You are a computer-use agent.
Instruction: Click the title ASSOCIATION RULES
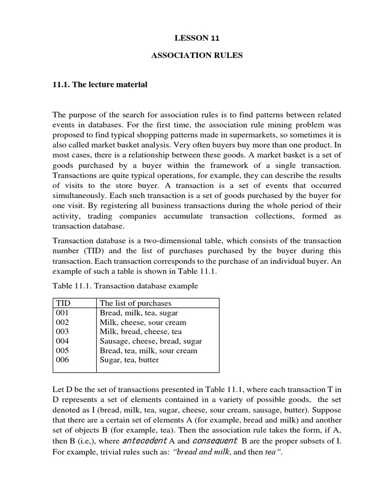coord(197,56)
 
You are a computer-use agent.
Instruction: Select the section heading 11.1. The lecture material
coord(100,85)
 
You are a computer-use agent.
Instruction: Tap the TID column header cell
coord(63,303)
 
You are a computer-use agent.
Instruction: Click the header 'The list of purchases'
coord(135,303)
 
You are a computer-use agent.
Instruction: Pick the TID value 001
coord(62,313)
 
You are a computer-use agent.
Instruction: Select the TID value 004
coord(62,341)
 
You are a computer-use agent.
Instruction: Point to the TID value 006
coord(62,360)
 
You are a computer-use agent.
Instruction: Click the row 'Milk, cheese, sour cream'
coord(143,322)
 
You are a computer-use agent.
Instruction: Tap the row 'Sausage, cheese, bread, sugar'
coord(150,341)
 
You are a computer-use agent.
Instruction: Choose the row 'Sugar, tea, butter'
coord(129,360)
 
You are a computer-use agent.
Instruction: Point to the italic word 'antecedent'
coord(145,440)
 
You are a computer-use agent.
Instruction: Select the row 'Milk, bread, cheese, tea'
coord(140,331)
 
